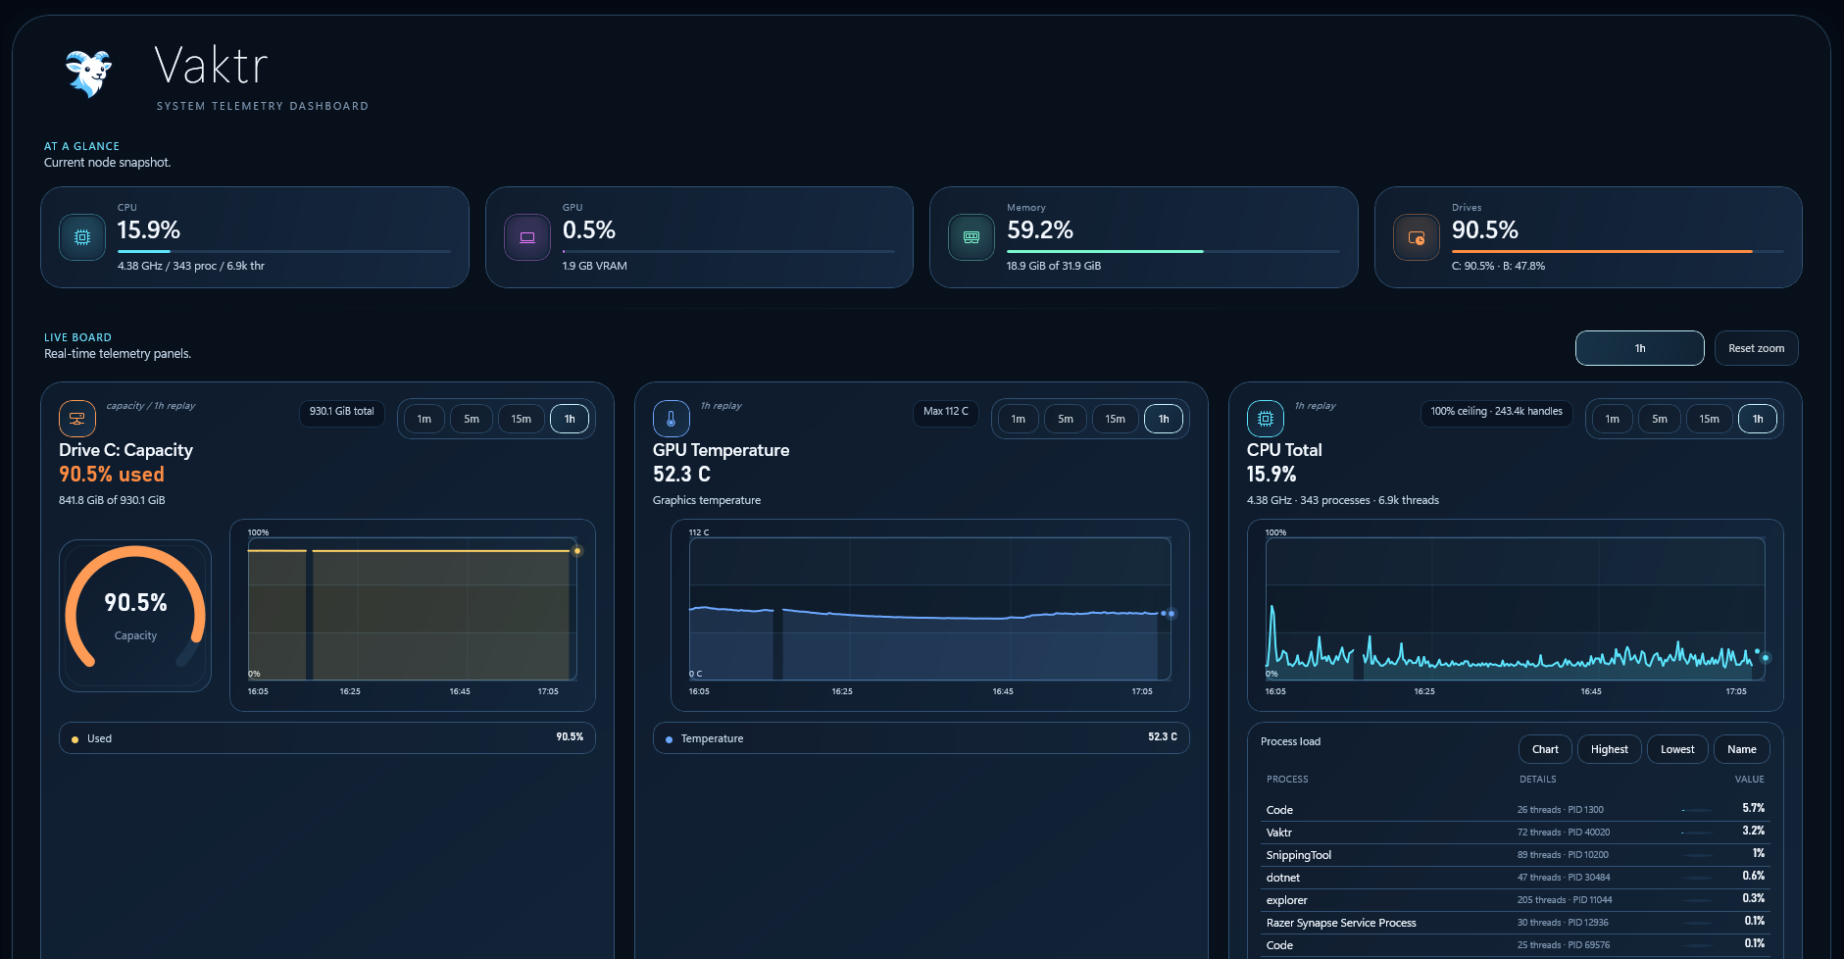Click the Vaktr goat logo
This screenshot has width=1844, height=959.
click(88, 74)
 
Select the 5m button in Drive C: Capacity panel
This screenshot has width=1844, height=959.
click(472, 419)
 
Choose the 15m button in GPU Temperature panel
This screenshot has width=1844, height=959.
click(1115, 419)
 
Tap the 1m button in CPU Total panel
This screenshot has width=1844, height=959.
click(1612, 419)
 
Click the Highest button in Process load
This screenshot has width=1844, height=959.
click(1609, 749)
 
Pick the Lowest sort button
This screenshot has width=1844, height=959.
click(1677, 749)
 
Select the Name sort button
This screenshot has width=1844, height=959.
click(1741, 749)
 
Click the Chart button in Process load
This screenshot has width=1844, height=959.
click(1545, 749)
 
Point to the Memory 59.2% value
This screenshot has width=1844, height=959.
click(1039, 230)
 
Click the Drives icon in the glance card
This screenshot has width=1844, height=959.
click(1417, 237)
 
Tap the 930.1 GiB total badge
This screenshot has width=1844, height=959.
click(341, 412)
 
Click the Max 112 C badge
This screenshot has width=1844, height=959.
click(945, 412)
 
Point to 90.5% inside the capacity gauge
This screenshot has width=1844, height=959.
click(135, 602)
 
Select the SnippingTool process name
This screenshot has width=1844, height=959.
click(1298, 855)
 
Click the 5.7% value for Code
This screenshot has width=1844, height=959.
click(1753, 808)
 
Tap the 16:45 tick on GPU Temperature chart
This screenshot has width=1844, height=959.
click(1002, 691)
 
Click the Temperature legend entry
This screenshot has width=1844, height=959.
click(712, 738)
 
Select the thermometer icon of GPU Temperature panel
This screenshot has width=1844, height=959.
click(671, 419)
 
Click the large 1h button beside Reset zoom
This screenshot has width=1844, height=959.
click(1639, 348)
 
